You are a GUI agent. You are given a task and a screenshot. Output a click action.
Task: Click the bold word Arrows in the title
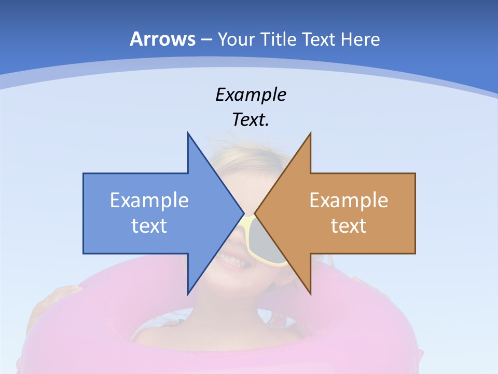[163, 39]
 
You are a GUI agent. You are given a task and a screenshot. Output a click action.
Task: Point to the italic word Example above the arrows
[251, 95]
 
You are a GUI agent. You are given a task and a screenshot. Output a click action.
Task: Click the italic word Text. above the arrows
[251, 119]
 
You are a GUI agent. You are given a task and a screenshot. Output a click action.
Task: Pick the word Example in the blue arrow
[149, 200]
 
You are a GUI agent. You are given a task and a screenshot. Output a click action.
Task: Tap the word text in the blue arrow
[149, 225]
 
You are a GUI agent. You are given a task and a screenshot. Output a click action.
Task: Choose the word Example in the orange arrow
[349, 200]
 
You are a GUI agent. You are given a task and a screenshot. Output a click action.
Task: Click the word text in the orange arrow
[349, 225]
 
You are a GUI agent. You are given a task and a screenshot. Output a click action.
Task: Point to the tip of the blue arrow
[243, 213]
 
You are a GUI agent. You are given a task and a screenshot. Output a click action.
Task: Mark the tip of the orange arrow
[255, 213]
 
